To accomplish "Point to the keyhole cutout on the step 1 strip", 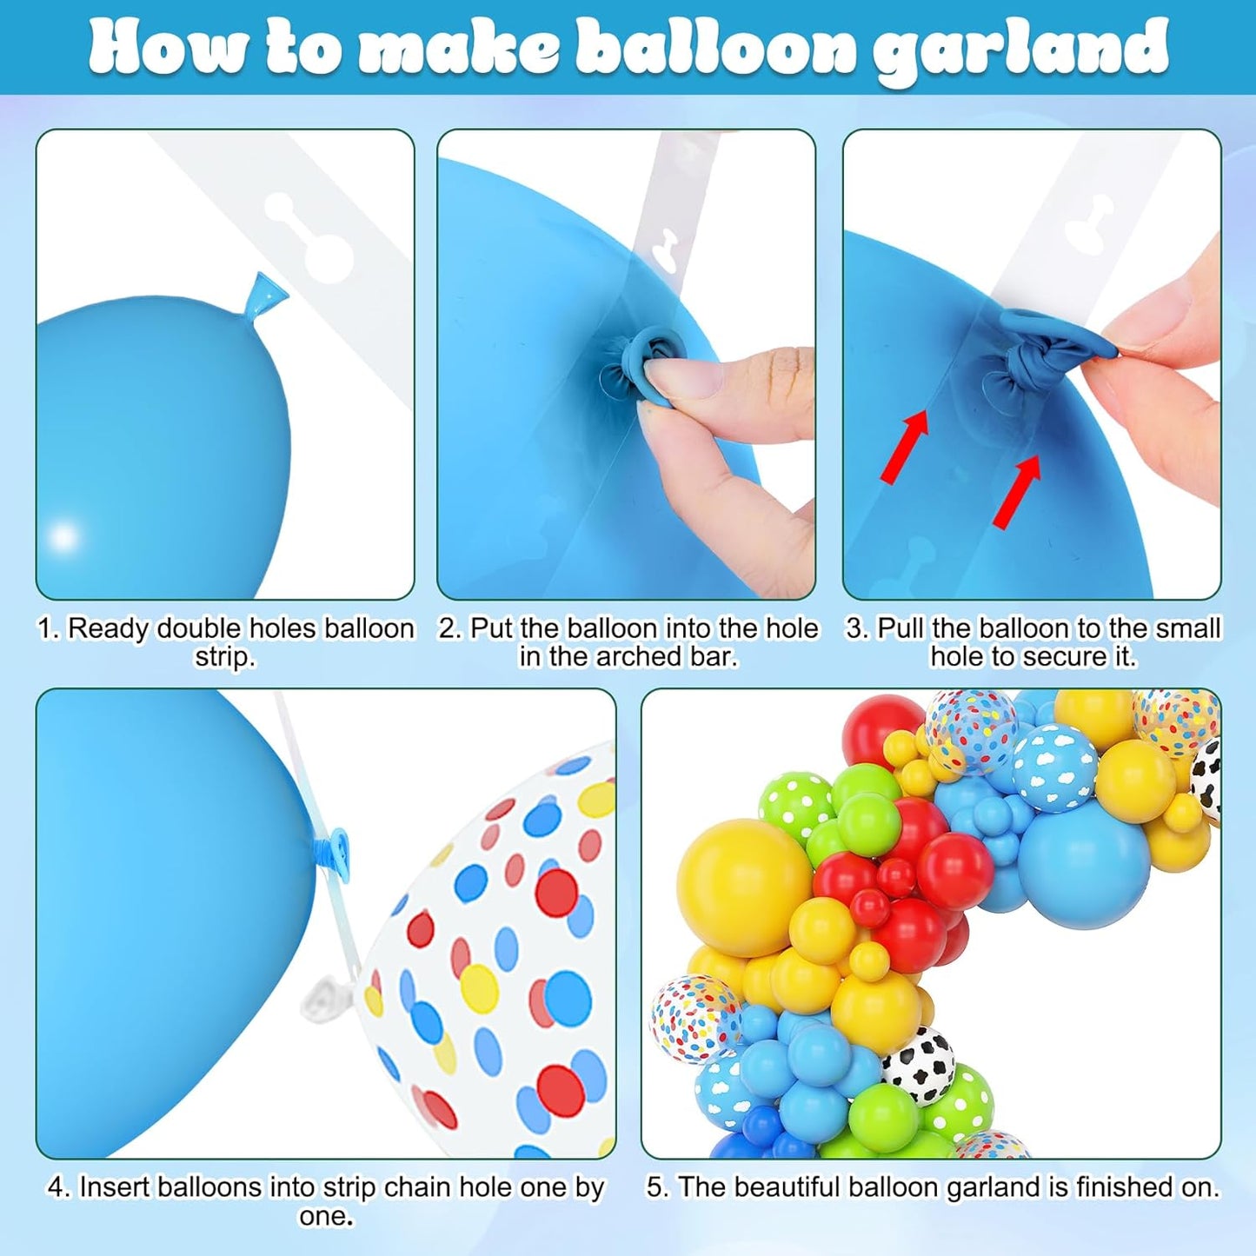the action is point(309,236).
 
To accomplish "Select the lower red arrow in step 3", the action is point(1017,490).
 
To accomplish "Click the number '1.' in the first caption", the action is point(50,629).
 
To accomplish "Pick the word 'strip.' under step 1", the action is point(225,657).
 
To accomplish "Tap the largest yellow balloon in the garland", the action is point(744,887).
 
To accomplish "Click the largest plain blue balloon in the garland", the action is point(1083,864).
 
